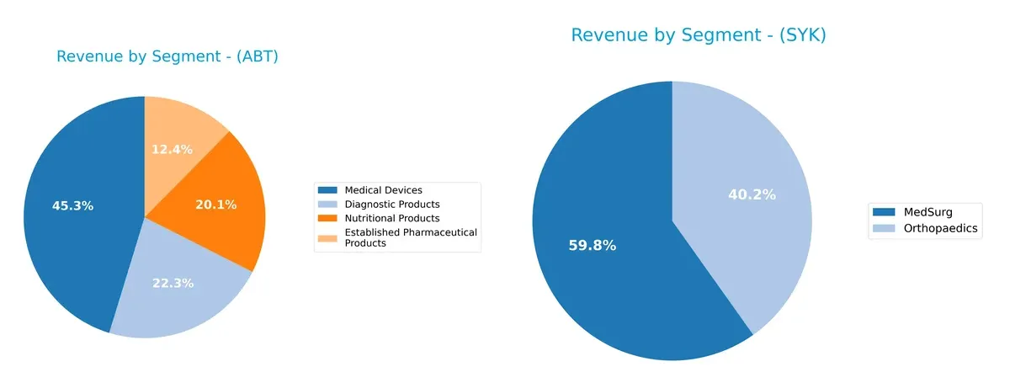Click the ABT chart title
click(167, 57)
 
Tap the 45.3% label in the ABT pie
click(72, 205)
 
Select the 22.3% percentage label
click(173, 283)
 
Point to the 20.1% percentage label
click(216, 205)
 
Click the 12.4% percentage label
click(172, 149)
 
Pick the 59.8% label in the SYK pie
click(593, 246)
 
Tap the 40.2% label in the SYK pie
click(752, 194)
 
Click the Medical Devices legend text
click(384, 190)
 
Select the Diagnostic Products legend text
click(392, 205)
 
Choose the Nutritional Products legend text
click(392, 219)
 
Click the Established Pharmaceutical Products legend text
click(411, 237)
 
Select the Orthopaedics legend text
click(938, 227)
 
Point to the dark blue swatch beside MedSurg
click(884, 212)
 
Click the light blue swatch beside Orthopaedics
click(884, 227)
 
